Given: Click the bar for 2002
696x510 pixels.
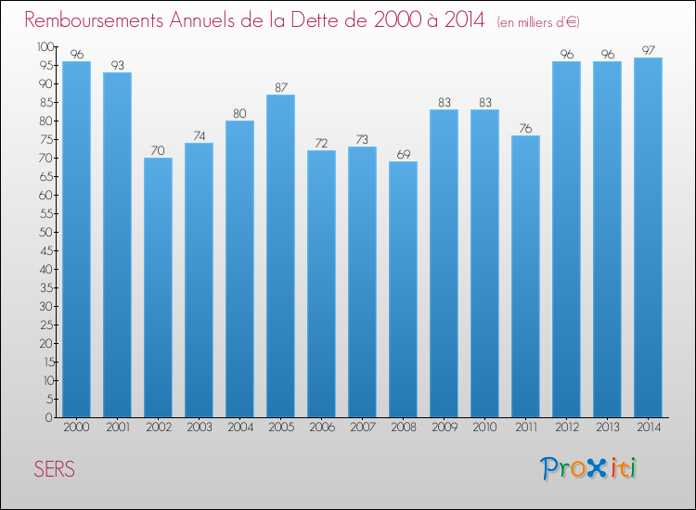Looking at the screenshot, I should pos(158,287).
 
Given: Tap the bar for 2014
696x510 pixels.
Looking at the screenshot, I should pos(648,237).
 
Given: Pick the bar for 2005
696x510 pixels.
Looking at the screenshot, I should pos(280,256).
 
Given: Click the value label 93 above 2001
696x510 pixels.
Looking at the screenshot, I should pos(117,65).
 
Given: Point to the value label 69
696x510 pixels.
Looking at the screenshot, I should pos(403,154).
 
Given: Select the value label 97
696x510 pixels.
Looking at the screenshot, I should pos(648,50).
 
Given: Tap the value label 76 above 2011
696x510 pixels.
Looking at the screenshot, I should pos(525,128).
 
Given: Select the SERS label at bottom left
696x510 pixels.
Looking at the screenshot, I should pos(55,469).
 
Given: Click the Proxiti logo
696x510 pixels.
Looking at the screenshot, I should pos(589,469).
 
